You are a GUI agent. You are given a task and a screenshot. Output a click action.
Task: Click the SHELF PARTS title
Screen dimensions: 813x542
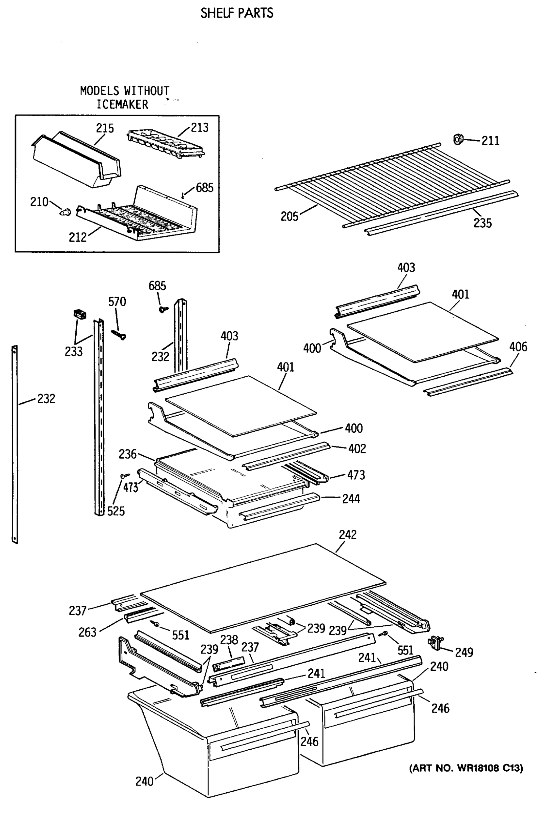(237, 13)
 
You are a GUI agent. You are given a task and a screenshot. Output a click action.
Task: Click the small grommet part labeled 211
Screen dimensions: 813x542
(458, 139)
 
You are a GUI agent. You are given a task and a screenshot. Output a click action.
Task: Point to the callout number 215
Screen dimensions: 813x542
(105, 129)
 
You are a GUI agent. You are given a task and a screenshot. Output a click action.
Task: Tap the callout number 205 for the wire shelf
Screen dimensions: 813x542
(289, 217)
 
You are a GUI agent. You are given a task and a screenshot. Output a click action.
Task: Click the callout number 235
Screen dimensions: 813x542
(482, 223)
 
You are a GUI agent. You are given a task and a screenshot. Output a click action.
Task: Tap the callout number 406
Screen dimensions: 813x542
(518, 347)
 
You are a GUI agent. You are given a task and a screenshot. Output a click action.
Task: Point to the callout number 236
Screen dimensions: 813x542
(128, 454)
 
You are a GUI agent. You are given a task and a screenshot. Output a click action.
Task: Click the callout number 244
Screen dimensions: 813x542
(351, 499)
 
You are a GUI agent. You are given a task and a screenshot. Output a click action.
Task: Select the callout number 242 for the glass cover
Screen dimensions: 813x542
(348, 535)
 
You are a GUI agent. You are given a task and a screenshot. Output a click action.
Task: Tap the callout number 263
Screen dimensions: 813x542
(87, 632)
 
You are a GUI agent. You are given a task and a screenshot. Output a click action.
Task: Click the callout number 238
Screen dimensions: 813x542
(229, 640)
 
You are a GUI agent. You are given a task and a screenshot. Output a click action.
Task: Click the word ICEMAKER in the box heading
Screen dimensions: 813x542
(122, 104)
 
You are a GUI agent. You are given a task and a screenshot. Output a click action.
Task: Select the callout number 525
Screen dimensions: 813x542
(116, 511)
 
